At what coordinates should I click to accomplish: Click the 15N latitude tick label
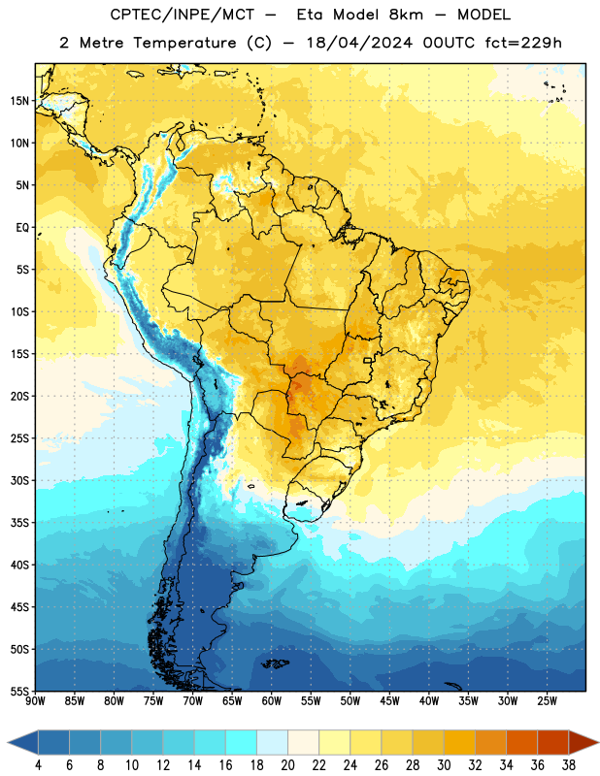[19, 101]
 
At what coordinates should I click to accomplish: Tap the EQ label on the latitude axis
[22, 228]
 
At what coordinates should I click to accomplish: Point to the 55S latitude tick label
[19, 691]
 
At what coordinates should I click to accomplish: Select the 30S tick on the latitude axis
[19, 480]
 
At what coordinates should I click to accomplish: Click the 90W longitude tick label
[35, 701]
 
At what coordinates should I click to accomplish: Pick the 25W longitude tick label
[547, 701]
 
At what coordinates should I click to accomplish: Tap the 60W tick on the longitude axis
[272, 701]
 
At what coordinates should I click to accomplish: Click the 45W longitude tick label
[389, 701]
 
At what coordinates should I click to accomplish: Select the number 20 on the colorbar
[287, 765]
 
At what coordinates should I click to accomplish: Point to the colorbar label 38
[569, 765]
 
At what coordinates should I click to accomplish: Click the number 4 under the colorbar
[38, 765]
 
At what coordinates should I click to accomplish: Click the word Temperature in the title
[184, 43]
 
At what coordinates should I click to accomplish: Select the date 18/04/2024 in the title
[359, 43]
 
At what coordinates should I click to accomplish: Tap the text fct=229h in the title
[523, 43]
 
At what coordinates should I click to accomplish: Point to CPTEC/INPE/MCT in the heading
[182, 15]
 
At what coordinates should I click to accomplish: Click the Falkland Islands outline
[276, 663]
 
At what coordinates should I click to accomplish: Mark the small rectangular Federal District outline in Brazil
[368, 360]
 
